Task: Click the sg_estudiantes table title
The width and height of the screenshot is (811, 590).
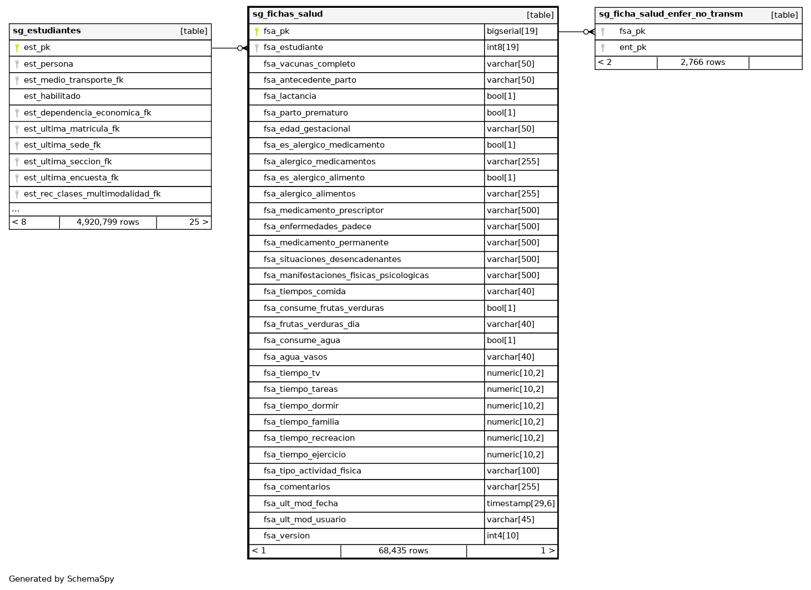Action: point(47,31)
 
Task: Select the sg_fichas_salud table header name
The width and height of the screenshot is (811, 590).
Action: point(287,14)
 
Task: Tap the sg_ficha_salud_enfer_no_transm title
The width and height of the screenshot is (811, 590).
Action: point(670,14)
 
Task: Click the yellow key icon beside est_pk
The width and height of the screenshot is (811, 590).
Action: point(17,48)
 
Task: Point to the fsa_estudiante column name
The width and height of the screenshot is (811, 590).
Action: point(293,48)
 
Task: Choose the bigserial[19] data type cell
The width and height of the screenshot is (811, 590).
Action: point(512,32)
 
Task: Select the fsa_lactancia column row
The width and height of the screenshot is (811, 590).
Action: point(290,97)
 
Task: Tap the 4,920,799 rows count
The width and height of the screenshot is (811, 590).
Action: point(108,223)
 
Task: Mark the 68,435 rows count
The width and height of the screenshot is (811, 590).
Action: point(403,551)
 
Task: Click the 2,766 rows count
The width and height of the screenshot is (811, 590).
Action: point(702,63)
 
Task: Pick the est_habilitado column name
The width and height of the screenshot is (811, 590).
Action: point(52,97)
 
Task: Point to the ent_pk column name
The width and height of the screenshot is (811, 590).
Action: point(632,48)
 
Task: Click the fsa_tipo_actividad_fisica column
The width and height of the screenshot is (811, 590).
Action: point(312,471)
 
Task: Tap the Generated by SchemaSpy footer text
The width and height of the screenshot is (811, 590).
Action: point(61,579)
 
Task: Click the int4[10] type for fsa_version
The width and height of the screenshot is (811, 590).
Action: point(502,536)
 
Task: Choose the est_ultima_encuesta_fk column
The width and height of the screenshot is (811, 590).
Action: point(71,178)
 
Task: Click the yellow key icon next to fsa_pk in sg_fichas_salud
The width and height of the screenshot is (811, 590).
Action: point(256,32)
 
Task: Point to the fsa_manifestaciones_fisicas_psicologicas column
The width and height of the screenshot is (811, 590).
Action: point(346,276)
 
